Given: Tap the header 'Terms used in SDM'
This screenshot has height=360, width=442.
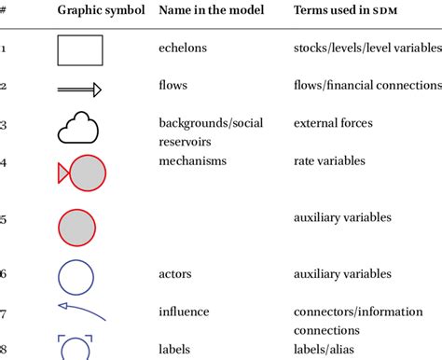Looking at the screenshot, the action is pyautogui.click(x=340, y=10).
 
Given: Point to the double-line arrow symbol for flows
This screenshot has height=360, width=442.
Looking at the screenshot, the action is pyautogui.click(x=79, y=90).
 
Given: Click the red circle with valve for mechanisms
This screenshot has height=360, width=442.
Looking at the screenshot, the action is pyautogui.click(x=84, y=173).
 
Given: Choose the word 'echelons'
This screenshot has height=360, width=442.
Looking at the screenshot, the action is pyautogui.click(x=184, y=48).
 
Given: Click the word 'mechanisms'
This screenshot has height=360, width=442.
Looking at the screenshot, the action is pyautogui.click(x=193, y=160).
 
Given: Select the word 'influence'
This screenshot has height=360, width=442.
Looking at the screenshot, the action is pyautogui.click(x=185, y=312).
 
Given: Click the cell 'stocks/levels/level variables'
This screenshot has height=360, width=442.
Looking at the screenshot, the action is pyautogui.click(x=366, y=48).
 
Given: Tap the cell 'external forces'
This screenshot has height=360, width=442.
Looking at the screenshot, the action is pyautogui.click(x=332, y=122).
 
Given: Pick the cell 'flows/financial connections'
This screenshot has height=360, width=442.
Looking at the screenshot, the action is pyautogui.click(x=366, y=85).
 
